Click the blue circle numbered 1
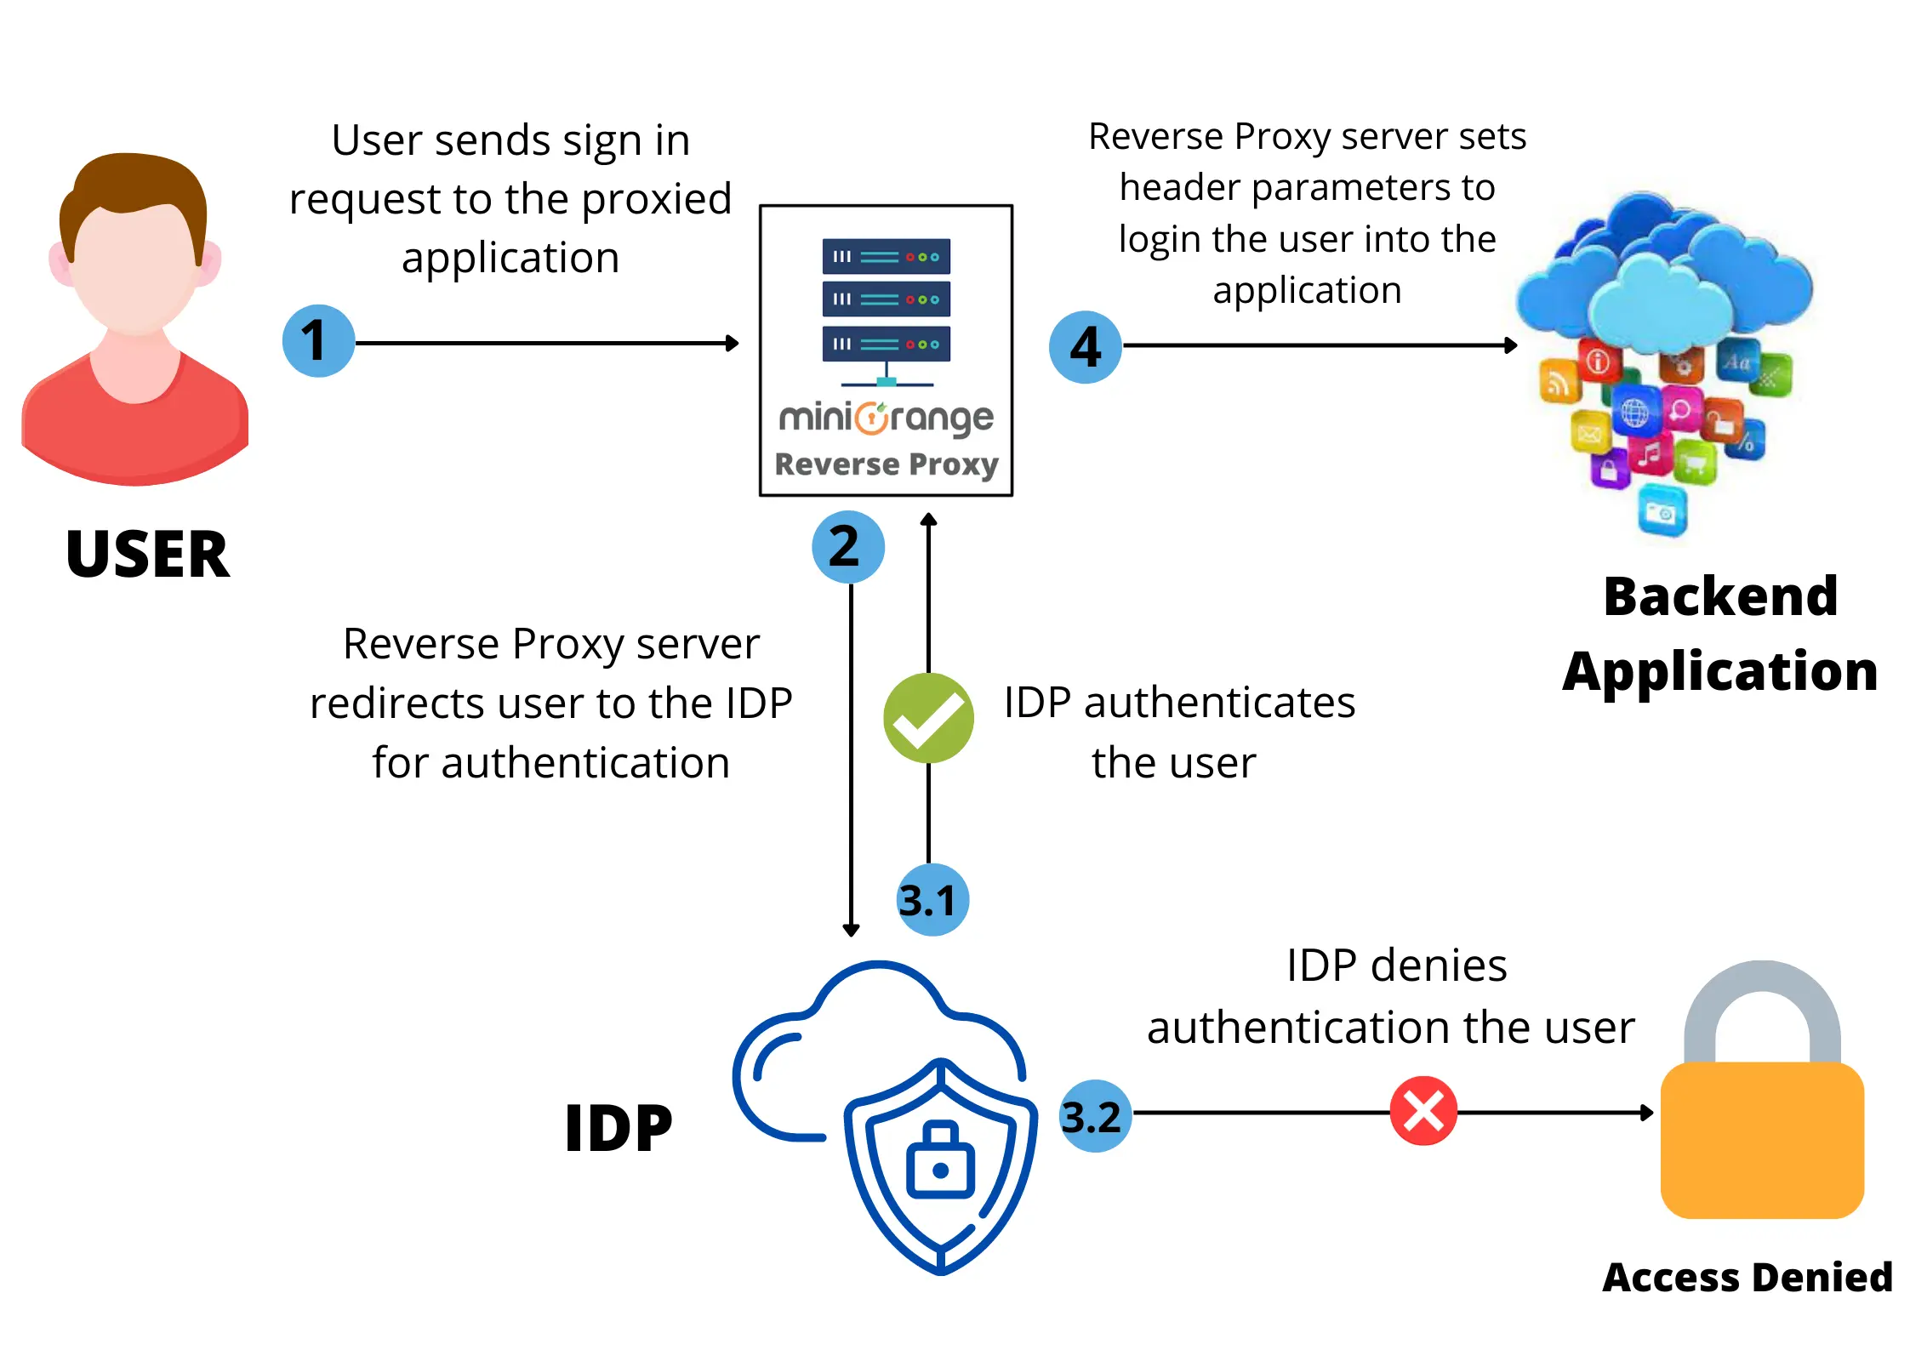pyautogui.click(x=318, y=341)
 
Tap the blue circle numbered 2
pyautogui.click(x=847, y=546)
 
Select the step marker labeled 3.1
pyautogui.click(x=932, y=900)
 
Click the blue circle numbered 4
pyautogui.click(x=1086, y=347)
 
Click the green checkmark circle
pyautogui.click(x=928, y=718)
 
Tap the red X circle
pyautogui.click(x=1423, y=1111)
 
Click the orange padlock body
pyautogui.click(x=1762, y=1140)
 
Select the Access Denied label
pyautogui.click(x=1748, y=1277)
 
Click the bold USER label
pyautogui.click(x=147, y=555)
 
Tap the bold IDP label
pyautogui.click(x=619, y=1129)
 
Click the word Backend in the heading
pyautogui.click(x=1720, y=596)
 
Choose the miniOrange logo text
pyautogui.click(x=886, y=418)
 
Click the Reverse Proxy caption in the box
pyautogui.click(x=886, y=464)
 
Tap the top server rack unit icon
pyautogui.click(x=886, y=256)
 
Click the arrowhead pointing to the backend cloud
pyautogui.click(x=1511, y=345)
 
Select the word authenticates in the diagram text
pyautogui.click(x=1219, y=703)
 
